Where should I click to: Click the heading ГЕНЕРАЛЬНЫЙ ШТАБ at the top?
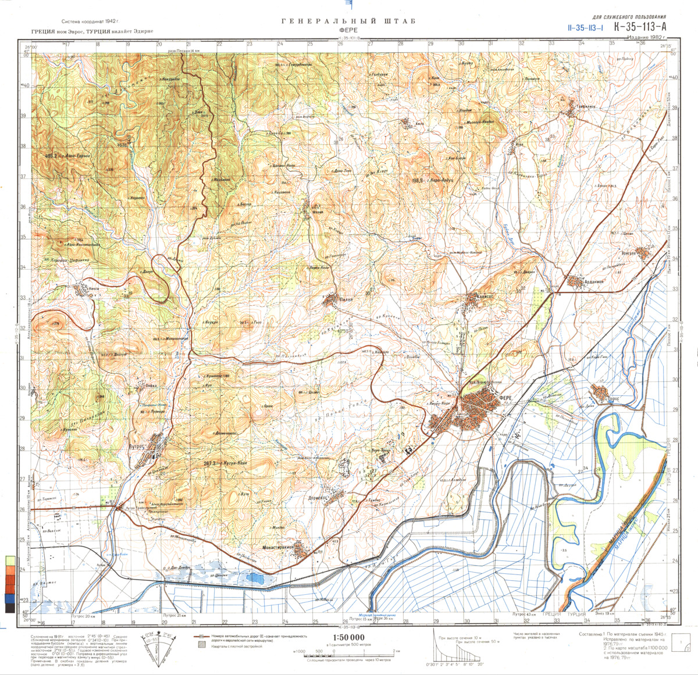348,22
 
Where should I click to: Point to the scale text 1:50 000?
348,637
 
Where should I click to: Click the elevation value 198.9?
416,181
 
